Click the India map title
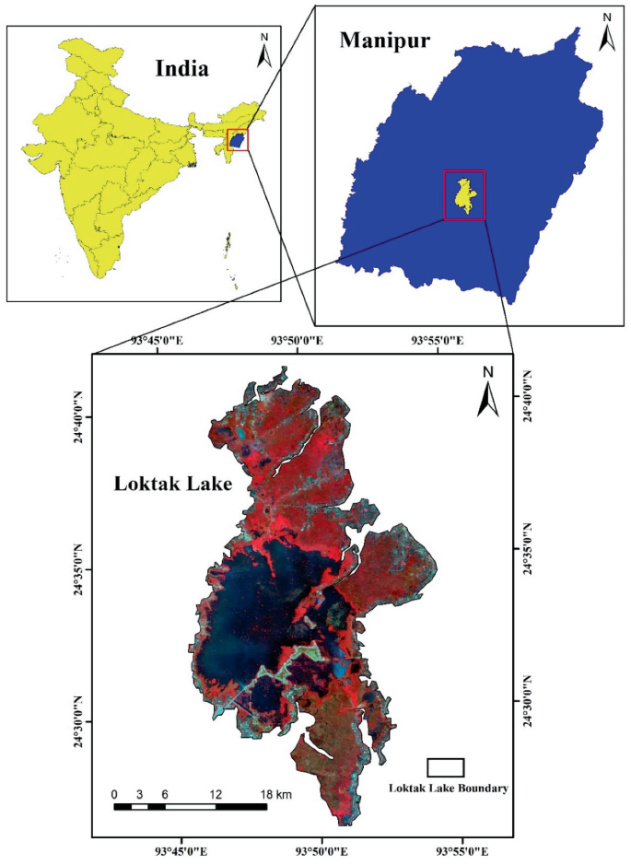click(181, 68)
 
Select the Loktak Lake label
click(171, 484)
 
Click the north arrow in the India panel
click(263, 51)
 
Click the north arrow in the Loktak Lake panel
click(487, 391)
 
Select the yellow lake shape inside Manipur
click(463, 195)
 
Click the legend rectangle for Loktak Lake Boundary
click(445, 767)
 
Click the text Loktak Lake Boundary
click(448, 789)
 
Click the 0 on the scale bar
click(114, 793)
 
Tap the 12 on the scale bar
click(215, 793)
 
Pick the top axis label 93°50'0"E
click(297, 341)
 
